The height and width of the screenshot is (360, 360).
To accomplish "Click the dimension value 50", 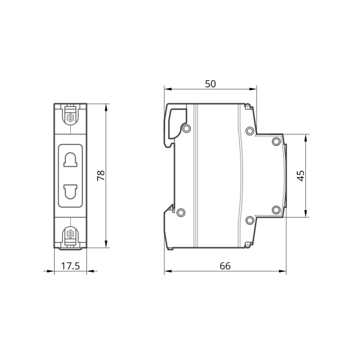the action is [211, 84].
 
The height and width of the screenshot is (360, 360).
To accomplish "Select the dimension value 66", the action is [225, 266].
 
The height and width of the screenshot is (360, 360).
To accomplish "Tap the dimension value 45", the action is [301, 176].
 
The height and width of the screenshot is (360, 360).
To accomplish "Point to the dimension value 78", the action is [101, 176].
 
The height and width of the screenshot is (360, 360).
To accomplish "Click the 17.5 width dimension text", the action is [70, 266].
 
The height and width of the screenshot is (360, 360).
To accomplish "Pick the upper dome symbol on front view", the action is [70, 160].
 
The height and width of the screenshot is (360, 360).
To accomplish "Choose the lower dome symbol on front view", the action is [70, 192].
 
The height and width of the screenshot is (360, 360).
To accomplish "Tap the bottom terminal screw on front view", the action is [70, 234].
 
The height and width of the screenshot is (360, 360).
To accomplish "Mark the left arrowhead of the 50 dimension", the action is [168, 89].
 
